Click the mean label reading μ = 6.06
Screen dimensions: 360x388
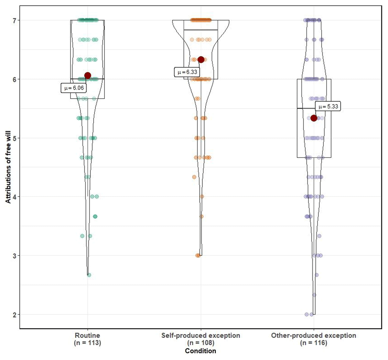(x=74, y=88)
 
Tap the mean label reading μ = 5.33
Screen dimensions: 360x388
(x=328, y=107)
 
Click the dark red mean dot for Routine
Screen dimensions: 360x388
(x=87, y=76)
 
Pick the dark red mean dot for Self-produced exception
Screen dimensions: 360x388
(x=201, y=59)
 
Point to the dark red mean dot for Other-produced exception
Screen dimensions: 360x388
(x=314, y=118)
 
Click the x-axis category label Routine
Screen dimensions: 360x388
(x=87, y=335)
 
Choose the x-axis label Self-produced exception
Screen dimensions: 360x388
(x=200, y=335)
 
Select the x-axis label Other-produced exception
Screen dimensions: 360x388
(x=314, y=335)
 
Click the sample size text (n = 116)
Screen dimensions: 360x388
(x=314, y=343)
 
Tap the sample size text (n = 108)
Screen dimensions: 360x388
(x=200, y=343)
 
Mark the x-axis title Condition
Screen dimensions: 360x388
(x=200, y=351)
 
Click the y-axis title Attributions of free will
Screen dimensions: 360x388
(x=8, y=167)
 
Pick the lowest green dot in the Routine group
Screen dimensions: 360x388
(x=89, y=275)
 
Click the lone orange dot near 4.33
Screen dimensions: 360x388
(x=194, y=177)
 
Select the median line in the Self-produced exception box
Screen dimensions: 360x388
(x=200, y=30)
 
